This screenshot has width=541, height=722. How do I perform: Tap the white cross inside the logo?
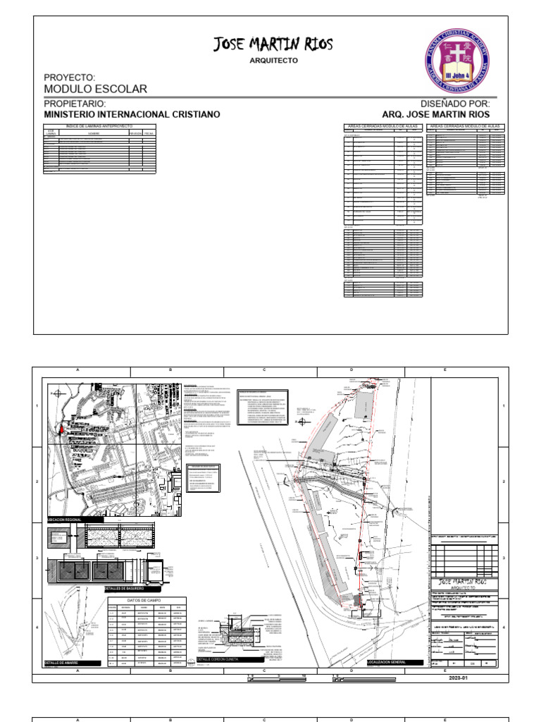pos(456,53)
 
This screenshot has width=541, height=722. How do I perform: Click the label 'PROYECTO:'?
pos(69,76)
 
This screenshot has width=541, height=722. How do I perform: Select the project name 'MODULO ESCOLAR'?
pos(95,89)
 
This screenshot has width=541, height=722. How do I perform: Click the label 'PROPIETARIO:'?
pos(74,104)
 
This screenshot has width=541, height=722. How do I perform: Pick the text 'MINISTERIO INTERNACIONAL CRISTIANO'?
pos(132,114)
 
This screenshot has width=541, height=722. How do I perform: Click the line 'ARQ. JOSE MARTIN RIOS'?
pos(435,114)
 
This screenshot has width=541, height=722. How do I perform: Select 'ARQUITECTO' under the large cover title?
pos(273,61)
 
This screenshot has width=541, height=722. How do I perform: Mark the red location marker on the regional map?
pos(61,428)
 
